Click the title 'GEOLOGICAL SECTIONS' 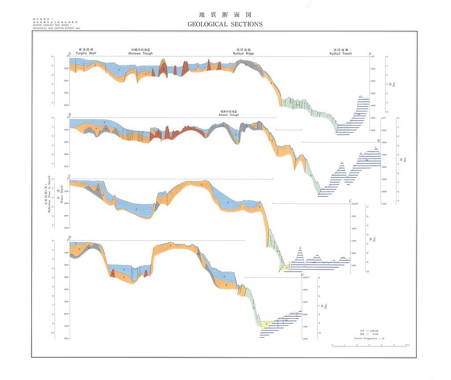pos(225,24)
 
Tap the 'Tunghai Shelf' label pos(86,53)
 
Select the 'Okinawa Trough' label pos(140,53)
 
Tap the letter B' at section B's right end pos(379,140)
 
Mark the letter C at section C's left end pos(70,176)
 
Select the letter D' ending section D pos(303,275)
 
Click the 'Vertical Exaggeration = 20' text pos(369,339)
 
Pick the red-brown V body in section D pos(113,273)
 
